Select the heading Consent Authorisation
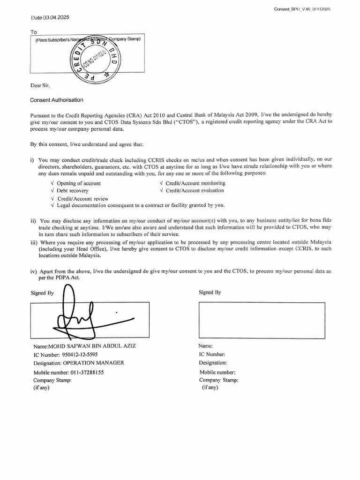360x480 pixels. pyautogui.click(x=57, y=100)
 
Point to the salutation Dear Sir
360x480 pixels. pyautogui.click(x=40, y=85)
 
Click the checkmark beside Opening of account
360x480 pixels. pyautogui.click(x=52, y=183)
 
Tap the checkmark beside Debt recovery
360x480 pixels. pyautogui.click(x=52, y=191)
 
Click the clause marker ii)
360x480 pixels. pyautogui.click(x=33, y=220)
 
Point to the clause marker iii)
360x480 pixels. pyautogui.click(x=34, y=242)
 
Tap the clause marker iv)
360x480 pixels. pyautogui.click(x=34, y=271)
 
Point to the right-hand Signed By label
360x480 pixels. pyautogui.click(x=210, y=292)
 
